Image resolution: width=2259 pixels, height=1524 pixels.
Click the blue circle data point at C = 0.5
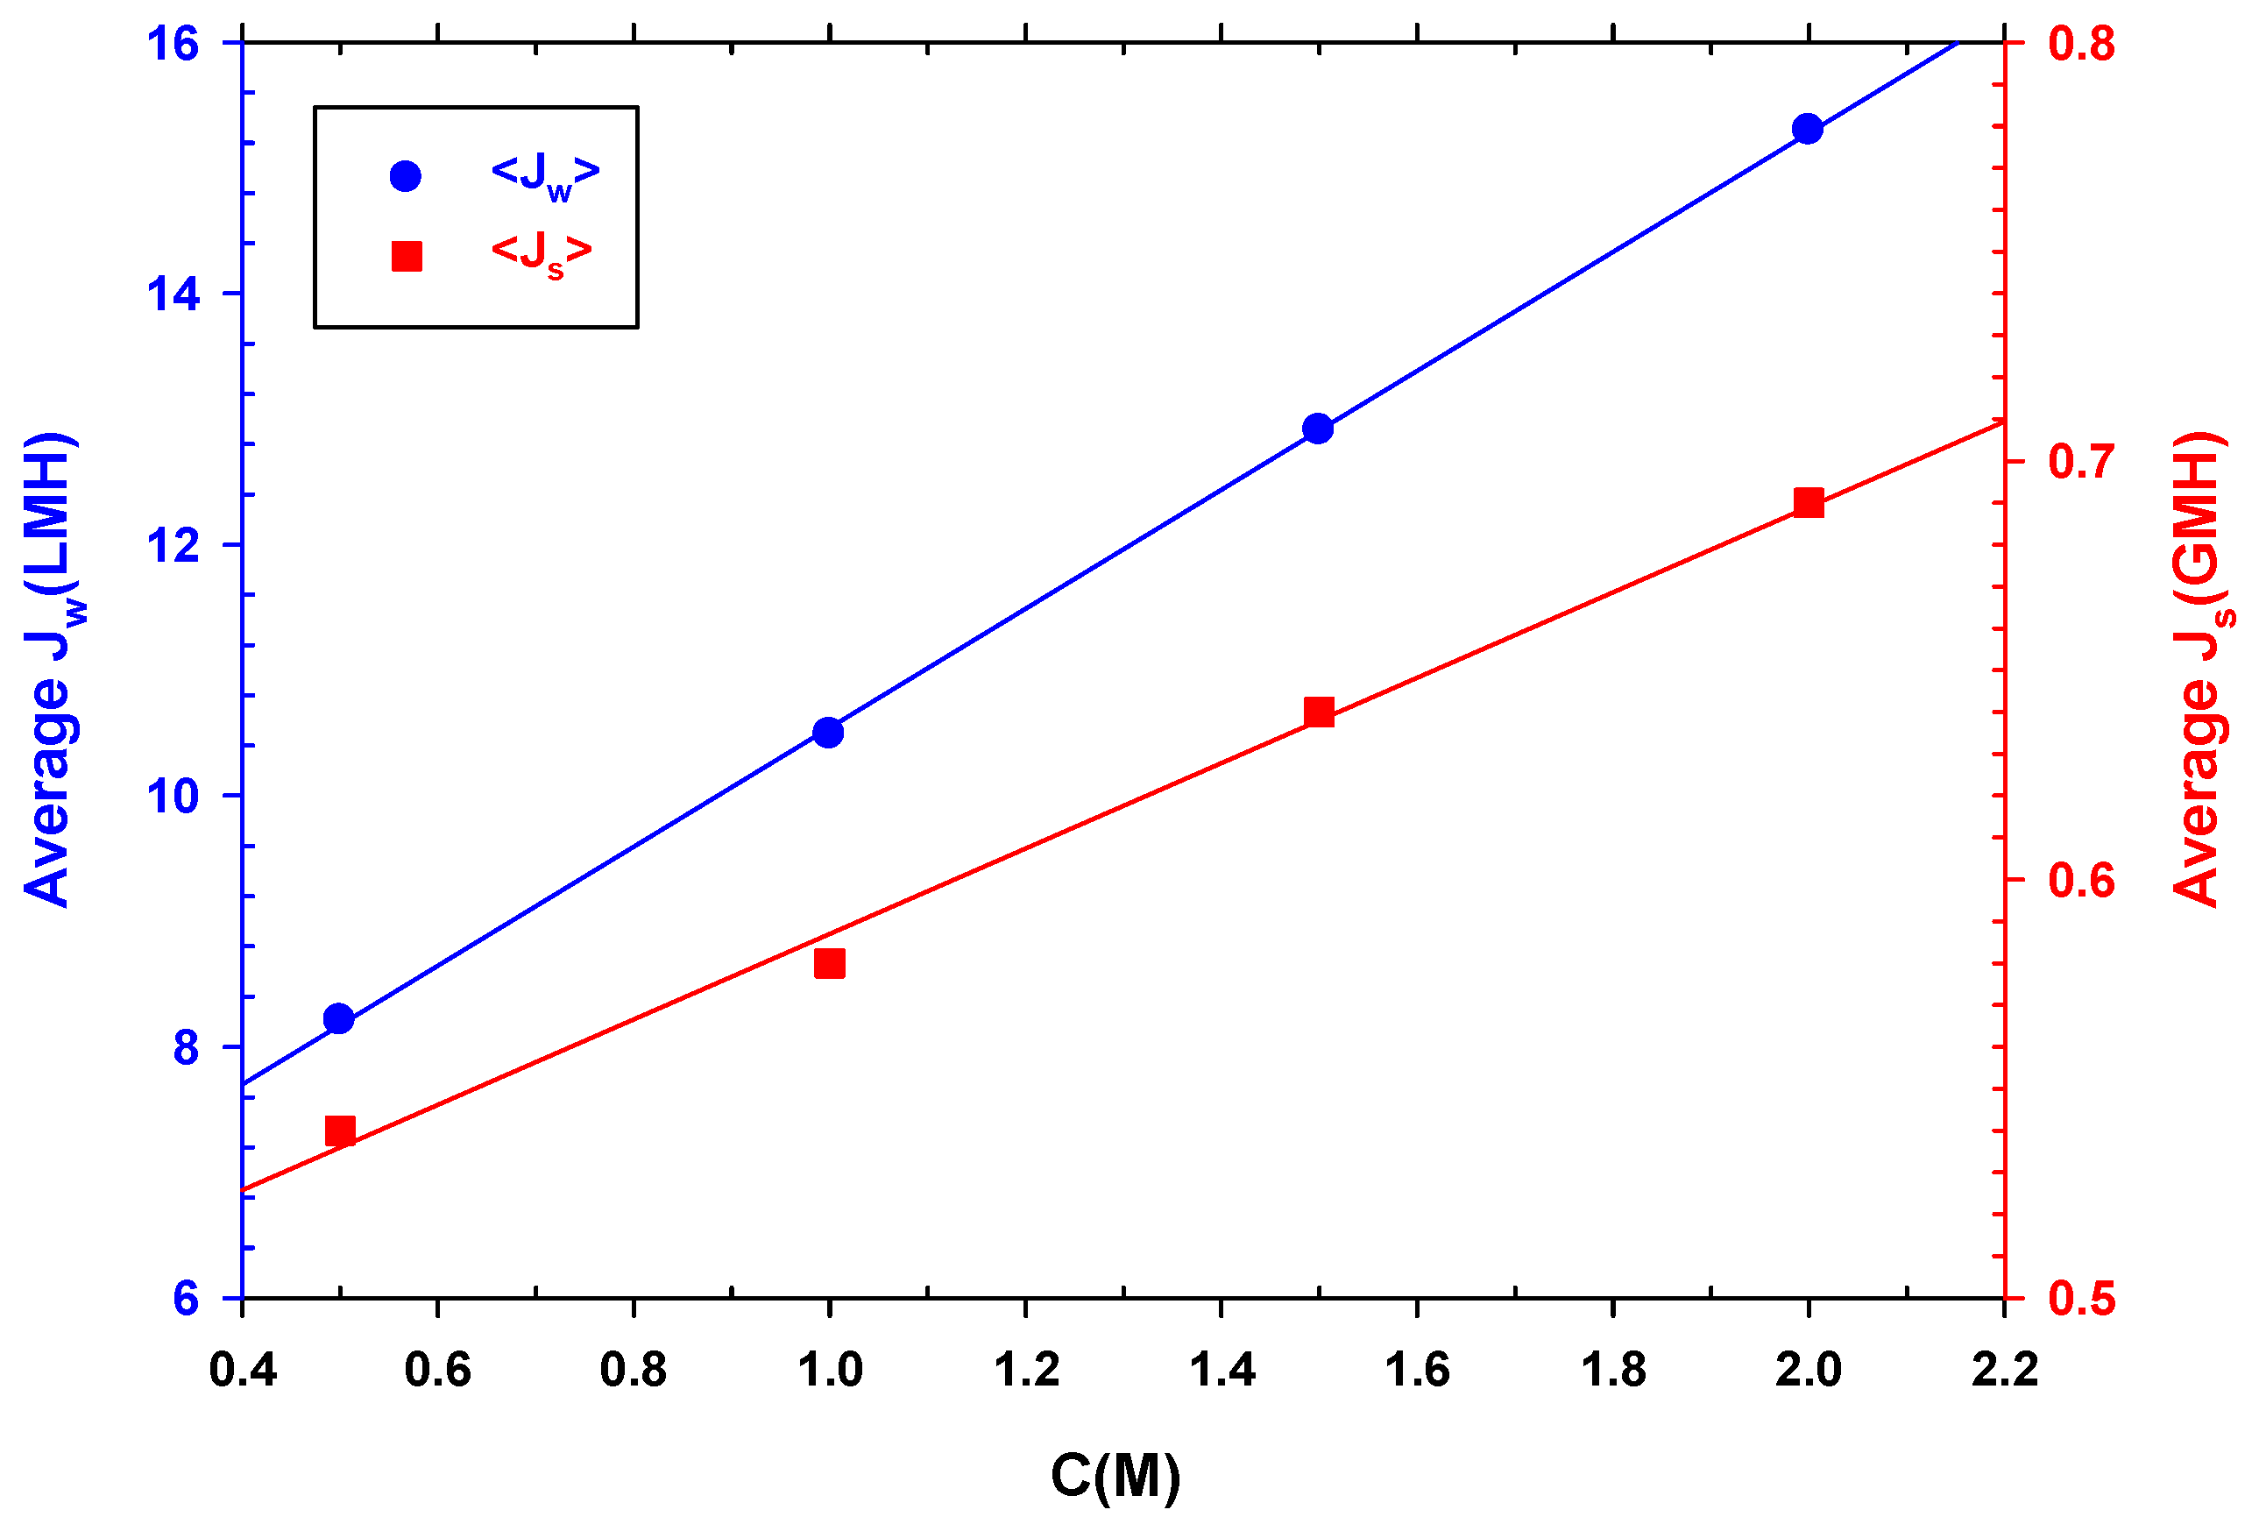(339, 1018)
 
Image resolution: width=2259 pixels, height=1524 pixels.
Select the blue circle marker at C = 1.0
(828, 732)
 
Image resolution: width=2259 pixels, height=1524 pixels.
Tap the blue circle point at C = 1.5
(1318, 428)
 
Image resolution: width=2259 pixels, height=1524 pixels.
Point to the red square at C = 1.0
(830, 963)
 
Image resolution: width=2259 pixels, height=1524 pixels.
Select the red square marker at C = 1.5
(1319, 712)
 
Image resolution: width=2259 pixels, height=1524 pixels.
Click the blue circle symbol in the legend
(405, 176)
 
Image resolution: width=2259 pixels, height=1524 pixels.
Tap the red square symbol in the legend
(406, 257)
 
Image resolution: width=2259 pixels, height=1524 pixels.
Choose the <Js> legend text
(542, 255)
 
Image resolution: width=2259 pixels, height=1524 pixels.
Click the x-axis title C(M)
(1115, 1476)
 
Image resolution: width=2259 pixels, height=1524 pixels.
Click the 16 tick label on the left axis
(173, 44)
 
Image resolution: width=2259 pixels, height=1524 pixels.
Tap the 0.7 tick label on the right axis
(2081, 461)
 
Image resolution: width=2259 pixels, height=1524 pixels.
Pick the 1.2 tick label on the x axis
(1026, 1371)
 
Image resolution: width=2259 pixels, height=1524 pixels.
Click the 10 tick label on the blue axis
(173, 796)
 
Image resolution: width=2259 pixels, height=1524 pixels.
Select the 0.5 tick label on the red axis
(2081, 1299)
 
